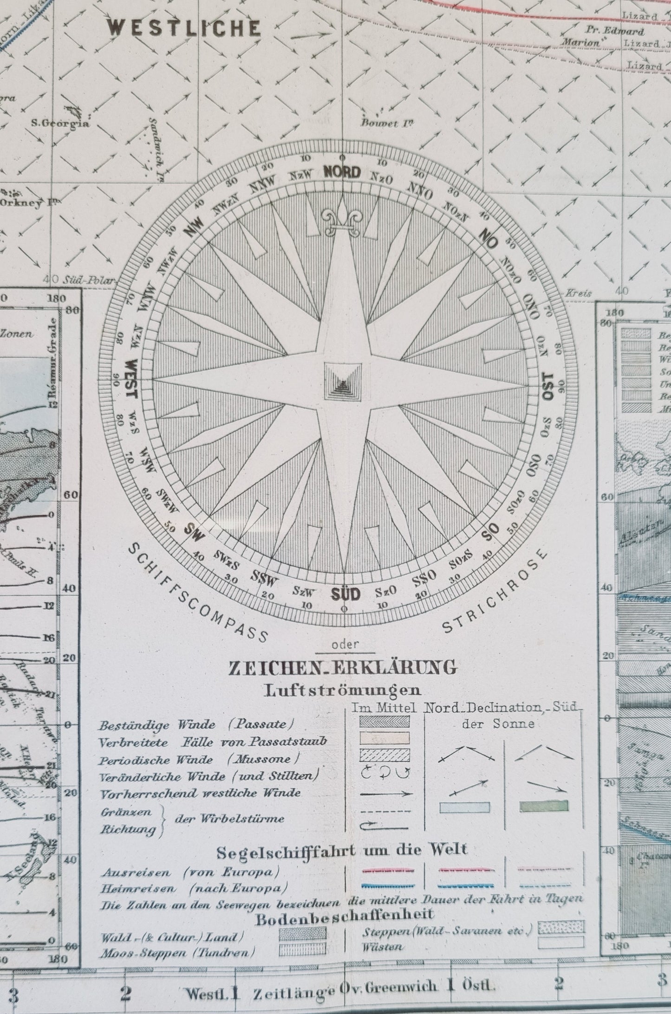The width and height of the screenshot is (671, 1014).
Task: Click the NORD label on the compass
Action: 342,173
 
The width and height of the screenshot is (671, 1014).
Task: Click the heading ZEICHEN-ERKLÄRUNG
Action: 342,667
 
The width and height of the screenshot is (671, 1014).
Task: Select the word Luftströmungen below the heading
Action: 342,690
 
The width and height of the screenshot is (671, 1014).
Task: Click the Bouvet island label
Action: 387,123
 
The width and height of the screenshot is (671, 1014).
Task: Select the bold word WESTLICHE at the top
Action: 184,29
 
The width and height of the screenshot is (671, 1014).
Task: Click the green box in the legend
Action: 543,806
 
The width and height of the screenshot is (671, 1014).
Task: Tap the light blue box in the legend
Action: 464,807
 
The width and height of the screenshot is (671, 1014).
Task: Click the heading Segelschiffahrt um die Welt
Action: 342,849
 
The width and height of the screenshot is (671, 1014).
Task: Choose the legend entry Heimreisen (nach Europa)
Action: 191,888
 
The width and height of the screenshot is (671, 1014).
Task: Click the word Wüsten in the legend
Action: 383,947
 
